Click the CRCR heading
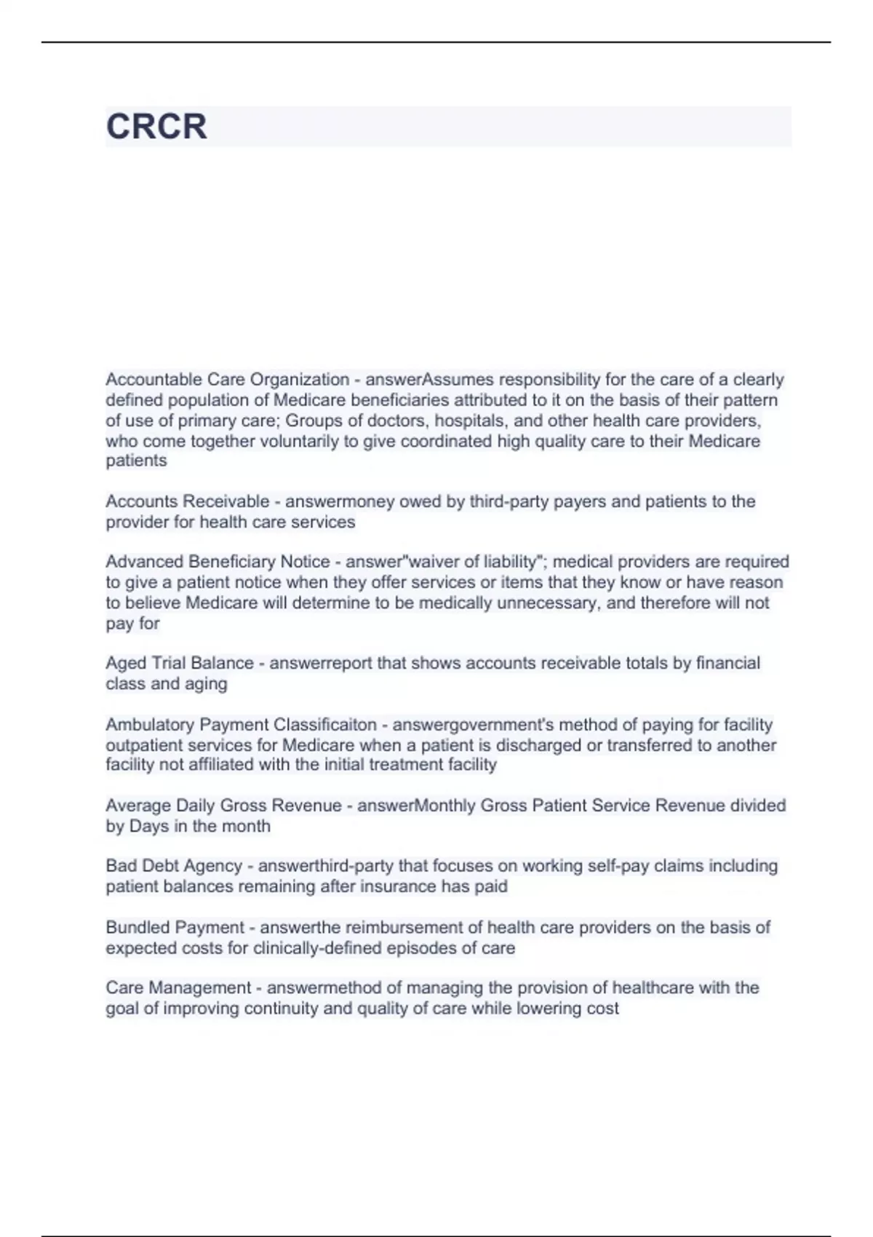pyautogui.click(x=156, y=127)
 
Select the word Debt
pyautogui.click(x=162, y=866)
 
